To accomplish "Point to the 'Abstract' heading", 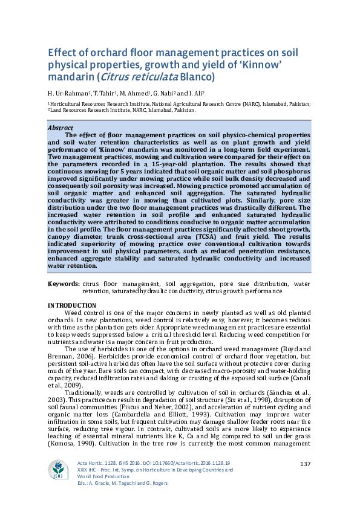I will pos(61,128).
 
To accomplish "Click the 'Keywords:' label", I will pos(64,284).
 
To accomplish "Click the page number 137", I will pos(305,464).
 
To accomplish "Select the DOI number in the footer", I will pos(193,462).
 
